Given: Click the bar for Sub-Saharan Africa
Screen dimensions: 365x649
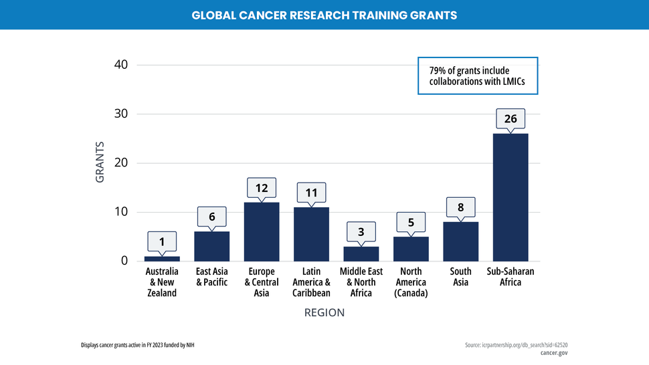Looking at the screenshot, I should pos(511,197).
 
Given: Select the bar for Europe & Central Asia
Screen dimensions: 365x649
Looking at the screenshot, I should pos(262,231).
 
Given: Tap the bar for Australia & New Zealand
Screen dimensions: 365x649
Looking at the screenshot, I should pos(162,258).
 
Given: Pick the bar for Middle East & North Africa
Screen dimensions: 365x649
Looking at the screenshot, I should pos(361,253).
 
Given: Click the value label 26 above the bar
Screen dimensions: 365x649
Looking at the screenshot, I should pos(511,119).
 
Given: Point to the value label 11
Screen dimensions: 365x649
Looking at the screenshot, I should pos(311,193).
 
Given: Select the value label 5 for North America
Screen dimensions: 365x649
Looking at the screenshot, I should pos(411,222).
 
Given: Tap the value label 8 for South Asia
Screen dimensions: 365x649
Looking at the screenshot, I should pos(460,207).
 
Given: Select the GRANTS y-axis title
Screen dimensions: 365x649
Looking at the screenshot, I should pos(100,162).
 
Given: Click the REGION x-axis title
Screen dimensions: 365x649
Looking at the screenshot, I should pos(324,313).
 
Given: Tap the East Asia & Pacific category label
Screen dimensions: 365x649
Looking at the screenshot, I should pos(212,277).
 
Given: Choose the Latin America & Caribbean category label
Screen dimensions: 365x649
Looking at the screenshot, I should pos(311,282).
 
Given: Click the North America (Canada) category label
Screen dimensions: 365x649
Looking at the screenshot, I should pos(411,282).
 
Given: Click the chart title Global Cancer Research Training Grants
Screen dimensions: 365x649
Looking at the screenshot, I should pos(324,15).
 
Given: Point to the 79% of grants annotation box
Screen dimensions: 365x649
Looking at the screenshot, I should pos(478,76).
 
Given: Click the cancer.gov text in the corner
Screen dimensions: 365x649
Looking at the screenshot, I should pos(554,353).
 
